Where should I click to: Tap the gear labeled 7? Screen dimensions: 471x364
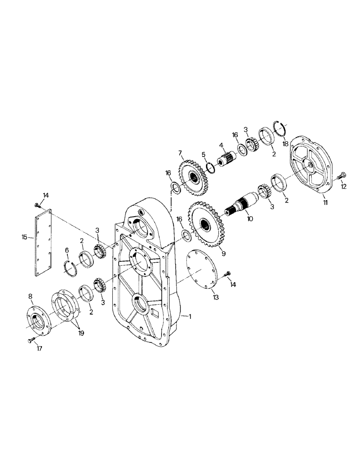(x=194, y=179)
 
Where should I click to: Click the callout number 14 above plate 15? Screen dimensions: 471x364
(x=46, y=195)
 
